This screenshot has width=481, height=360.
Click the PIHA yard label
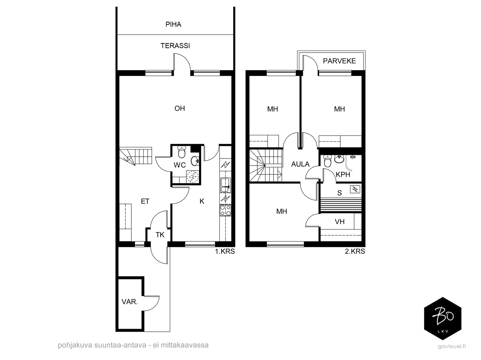click(x=173, y=24)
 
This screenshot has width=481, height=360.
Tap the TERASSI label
click(x=175, y=46)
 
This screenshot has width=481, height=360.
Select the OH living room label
click(x=180, y=108)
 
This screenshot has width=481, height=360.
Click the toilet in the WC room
click(x=182, y=152)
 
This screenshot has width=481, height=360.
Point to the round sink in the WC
click(x=195, y=161)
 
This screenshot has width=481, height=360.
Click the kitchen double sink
click(x=225, y=185)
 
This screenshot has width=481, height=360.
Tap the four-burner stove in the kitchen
click(x=225, y=210)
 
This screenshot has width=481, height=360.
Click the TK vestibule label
click(x=160, y=235)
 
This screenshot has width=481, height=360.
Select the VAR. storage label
click(x=130, y=302)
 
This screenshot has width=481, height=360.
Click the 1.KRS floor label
click(x=225, y=251)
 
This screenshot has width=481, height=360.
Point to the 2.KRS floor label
click(x=355, y=251)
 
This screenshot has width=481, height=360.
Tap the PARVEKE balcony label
click(x=339, y=61)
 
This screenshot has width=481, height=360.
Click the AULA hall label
click(x=300, y=164)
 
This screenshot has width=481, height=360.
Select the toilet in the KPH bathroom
click(x=327, y=161)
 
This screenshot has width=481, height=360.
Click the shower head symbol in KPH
click(x=353, y=157)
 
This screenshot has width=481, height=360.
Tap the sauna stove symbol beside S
click(x=355, y=189)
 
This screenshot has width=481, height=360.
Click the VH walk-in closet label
click(x=340, y=222)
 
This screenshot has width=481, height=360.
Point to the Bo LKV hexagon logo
click(x=443, y=318)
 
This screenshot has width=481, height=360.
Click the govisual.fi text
click(x=452, y=346)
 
